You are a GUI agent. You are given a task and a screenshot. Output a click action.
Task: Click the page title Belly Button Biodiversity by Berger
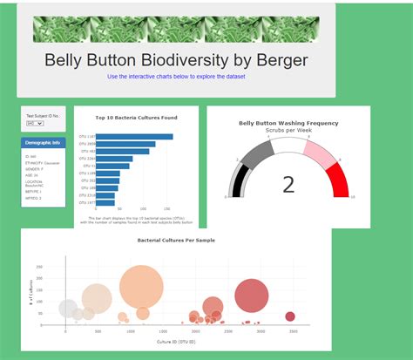click(176, 60)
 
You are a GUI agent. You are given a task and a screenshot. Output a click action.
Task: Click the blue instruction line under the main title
click(176, 77)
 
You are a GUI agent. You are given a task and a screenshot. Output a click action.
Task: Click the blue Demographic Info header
click(44, 142)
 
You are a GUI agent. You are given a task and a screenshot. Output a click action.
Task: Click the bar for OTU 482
click(123, 151)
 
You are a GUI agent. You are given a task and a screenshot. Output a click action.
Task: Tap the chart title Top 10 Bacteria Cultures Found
click(136, 117)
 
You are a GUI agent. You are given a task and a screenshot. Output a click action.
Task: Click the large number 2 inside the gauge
click(288, 184)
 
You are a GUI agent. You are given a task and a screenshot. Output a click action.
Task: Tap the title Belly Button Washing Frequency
click(288, 123)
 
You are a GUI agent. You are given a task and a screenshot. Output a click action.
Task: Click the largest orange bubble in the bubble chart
click(136, 287)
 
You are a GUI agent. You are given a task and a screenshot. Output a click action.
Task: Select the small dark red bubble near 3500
click(290, 316)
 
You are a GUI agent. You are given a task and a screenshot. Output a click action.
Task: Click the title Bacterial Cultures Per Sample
click(176, 240)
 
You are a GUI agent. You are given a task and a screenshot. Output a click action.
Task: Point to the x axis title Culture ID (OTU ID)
click(176, 341)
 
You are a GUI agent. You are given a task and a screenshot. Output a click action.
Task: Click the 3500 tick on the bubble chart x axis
click(294, 332)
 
